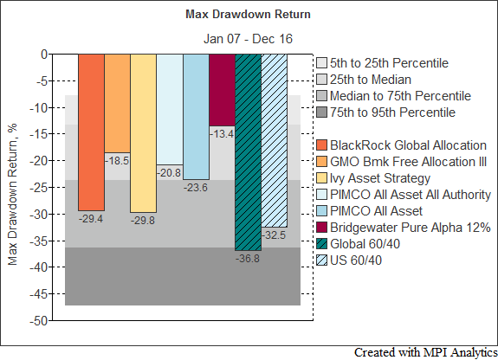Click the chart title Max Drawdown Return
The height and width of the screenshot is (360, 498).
[x=248, y=15]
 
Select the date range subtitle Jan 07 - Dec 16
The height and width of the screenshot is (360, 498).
[x=248, y=39]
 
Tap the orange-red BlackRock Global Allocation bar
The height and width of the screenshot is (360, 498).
[x=92, y=132]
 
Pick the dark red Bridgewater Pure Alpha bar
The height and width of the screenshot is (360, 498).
[x=222, y=90]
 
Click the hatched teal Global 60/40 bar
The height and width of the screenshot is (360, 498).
[x=249, y=152]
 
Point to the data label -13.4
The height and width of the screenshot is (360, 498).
[x=222, y=134]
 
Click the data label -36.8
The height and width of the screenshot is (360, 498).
[x=248, y=259]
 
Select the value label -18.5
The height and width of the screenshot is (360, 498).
[x=117, y=161]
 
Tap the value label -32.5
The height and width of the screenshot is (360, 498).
[x=274, y=235]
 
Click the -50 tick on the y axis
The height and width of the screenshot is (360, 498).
[x=39, y=321]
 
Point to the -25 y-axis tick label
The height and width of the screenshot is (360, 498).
[x=39, y=188]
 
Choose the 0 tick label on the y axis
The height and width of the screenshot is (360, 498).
[x=44, y=55]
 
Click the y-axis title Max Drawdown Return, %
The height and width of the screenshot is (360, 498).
[x=12, y=195]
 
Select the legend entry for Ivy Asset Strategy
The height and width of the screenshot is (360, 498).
[x=373, y=178]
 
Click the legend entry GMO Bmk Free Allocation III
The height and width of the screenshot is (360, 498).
[x=402, y=162]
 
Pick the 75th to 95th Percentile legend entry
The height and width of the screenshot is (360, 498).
[x=386, y=112]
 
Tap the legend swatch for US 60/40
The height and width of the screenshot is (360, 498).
[x=321, y=260]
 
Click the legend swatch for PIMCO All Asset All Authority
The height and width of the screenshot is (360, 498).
[x=321, y=195]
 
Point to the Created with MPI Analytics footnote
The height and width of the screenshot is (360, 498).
[x=425, y=353]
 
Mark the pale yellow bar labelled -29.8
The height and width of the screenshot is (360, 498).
[x=144, y=133]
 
